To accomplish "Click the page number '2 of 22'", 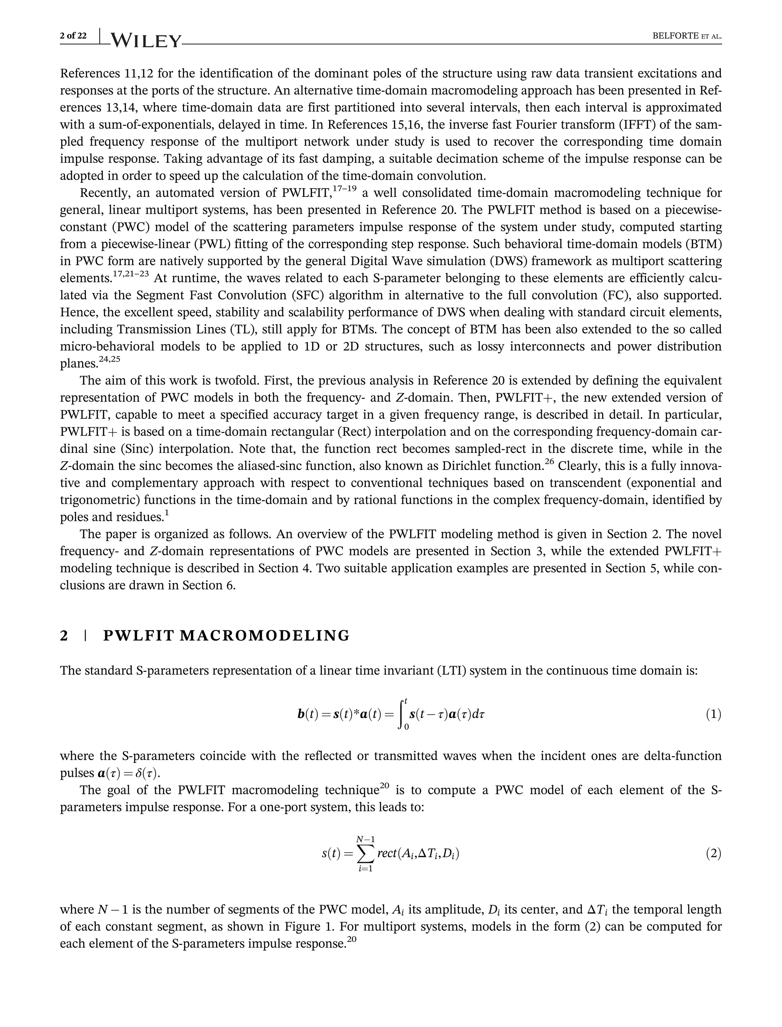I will coord(73,36).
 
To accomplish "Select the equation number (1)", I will coord(713,714).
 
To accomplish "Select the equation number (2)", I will coord(713,853).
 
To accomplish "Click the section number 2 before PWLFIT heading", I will coord(64,636).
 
